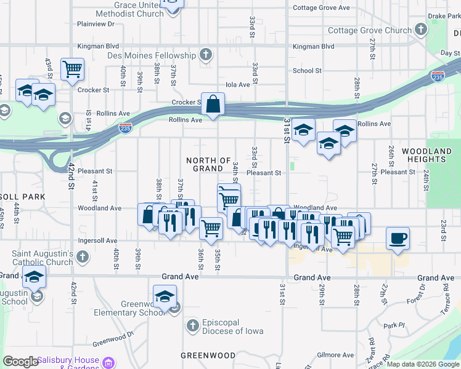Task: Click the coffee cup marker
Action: tap(398, 237)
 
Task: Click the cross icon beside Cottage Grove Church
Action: tap(420, 29)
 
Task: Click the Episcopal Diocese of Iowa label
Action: tap(233, 326)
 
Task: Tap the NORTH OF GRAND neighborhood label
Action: tap(208, 164)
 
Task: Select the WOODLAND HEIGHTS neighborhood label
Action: tap(426, 155)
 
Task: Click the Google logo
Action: tap(20, 362)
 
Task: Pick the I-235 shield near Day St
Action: tap(437, 76)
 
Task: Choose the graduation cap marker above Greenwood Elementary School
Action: tap(165, 297)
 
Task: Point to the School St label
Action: tap(307, 71)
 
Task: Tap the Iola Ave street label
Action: tap(238, 85)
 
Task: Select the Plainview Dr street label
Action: tap(96, 24)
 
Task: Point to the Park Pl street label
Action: tap(393, 325)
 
